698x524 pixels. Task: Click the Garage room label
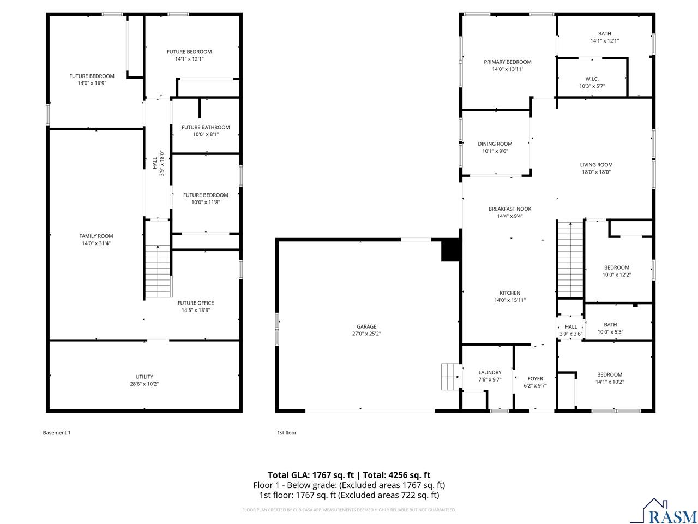tap(366, 327)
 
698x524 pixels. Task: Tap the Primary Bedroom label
tap(507, 62)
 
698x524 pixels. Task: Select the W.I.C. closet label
tap(592, 79)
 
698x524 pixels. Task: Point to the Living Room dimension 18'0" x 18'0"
tap(595, 172)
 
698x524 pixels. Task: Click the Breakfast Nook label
tap(509, 209)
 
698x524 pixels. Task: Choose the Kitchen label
tap(510, 293)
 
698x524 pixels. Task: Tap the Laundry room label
tap(490, 373)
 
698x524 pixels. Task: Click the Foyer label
tap(535, 379)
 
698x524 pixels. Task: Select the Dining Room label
tap(495, 144)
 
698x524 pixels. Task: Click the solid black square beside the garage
tap(451, 251)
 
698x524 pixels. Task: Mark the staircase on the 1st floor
tap(570, 259)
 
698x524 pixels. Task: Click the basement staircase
tap(158, 271)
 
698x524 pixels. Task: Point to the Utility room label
tap(145, 377)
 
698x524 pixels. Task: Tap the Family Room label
tap(96, 236)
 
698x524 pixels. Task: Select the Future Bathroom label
tap(206, 127)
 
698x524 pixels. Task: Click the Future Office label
tap(196, 303)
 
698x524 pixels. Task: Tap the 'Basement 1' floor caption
tap(57, 433)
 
